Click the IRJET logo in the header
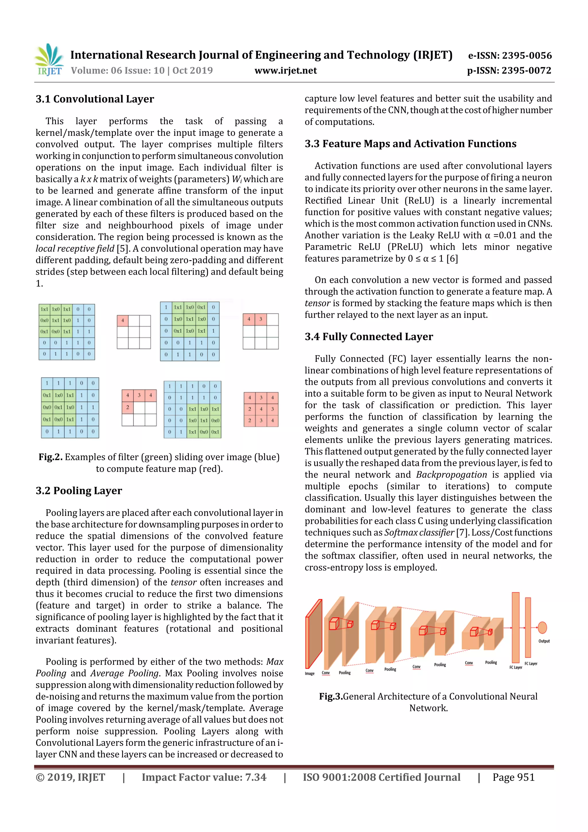(x=49, y=60)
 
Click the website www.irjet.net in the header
(x=285, y=71)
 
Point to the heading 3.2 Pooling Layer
(x=79, y=491)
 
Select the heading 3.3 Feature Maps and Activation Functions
(x=410, y=144)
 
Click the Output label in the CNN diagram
(x=544, y=641)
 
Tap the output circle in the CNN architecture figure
(x=542, y=627)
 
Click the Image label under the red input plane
(x=310, y=674)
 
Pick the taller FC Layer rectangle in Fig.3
(x=515, y=627)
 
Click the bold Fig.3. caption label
(x=330, y=696)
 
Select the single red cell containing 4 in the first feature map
(x=123, y=320)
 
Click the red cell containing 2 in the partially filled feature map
(x=127, y=407)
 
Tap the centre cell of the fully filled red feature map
(x=261, y=409)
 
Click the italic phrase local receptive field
(x=75, y=249)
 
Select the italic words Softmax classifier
(x=419, y=533)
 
